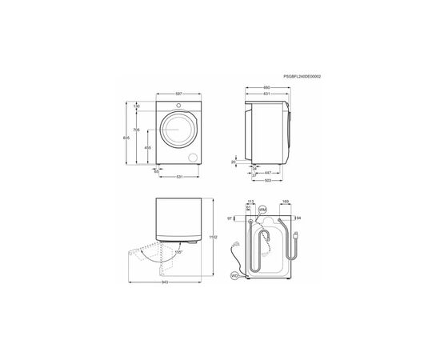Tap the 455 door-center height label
[148, 148]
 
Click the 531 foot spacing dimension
[182, 177]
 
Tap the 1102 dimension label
[212, 236]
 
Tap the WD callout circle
[234, 276]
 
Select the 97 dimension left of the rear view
[230, 218]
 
